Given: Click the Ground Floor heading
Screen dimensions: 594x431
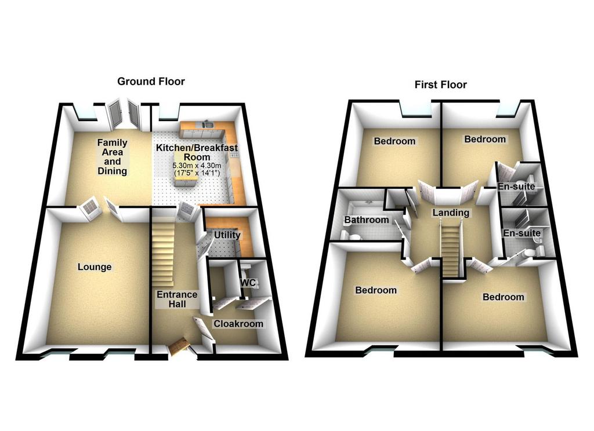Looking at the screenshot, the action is point(151,82).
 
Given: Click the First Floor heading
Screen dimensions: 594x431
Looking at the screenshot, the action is point(441,85).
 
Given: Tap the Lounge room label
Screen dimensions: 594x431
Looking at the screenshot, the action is point(95,267).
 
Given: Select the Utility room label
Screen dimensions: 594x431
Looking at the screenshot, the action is point(227,235).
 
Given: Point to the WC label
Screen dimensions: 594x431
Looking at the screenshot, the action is point(248,283).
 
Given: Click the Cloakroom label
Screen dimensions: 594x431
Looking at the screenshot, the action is point(238,324).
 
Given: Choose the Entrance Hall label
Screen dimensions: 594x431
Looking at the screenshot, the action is point(177,299).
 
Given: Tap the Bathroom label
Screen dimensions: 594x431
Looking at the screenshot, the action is point(367,220).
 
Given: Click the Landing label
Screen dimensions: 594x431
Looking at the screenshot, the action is point(451,213).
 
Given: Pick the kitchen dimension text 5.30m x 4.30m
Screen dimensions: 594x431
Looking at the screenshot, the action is point(197,166).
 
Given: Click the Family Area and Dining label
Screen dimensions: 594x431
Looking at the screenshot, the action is point(112,156).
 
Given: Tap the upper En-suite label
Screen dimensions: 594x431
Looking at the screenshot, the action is point(516,187).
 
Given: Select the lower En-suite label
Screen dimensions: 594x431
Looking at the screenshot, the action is point(521,233).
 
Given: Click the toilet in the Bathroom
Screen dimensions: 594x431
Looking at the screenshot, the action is point(354,238).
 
